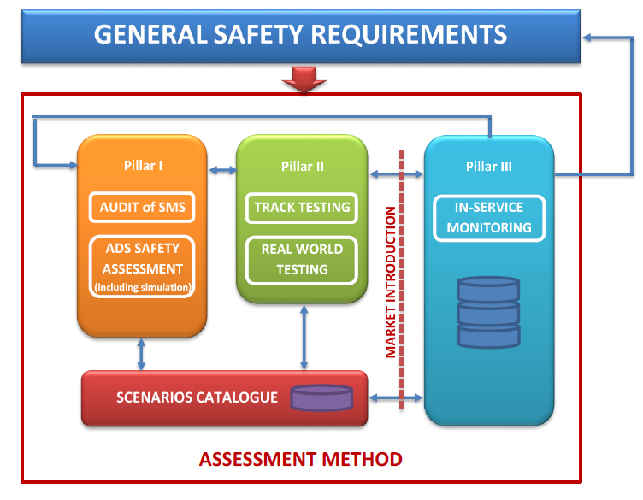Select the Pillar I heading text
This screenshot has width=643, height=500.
coord(143,165)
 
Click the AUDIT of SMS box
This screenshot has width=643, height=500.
coord(143,207)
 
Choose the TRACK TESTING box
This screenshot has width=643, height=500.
coord(302,207)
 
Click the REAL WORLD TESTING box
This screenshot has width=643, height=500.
coord(302,260)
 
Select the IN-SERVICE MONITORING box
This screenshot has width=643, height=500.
coord(489,217)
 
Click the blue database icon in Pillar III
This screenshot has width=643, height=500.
coord(488,311)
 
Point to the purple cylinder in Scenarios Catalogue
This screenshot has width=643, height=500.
coord(321,398)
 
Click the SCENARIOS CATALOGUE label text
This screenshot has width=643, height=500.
coord(198,397)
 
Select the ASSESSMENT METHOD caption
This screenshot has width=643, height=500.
coord(300,459)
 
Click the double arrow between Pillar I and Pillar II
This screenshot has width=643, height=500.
coord(221,172)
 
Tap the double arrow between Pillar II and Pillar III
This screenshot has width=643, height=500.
coord(396,174)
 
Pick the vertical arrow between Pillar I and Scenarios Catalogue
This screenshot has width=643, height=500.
coord(142,353)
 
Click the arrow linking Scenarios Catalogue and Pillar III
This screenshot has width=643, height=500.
coord(396,397)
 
